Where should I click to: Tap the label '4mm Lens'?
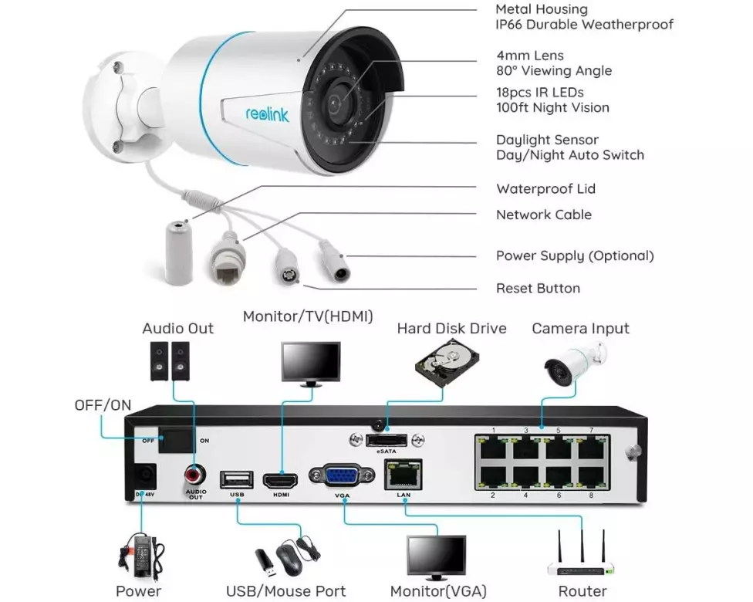[530, 56]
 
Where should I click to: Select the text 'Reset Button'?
[538, 289]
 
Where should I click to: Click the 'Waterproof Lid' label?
[545, 189]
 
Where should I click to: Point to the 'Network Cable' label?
[543, 215]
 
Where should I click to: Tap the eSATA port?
[386, 440]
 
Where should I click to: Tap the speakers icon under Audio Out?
[171, 360]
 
